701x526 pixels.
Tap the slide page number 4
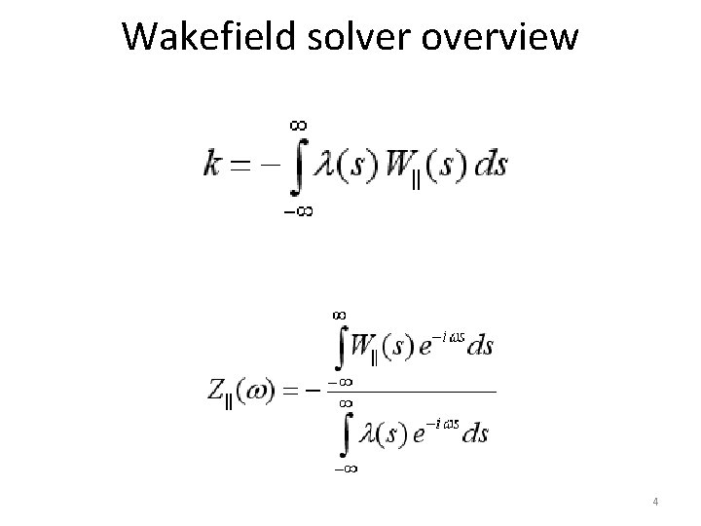[656, 502]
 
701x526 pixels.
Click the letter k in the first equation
[211, 163]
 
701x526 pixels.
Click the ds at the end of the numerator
[480, 346]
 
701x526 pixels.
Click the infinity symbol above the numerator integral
[340, 315]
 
